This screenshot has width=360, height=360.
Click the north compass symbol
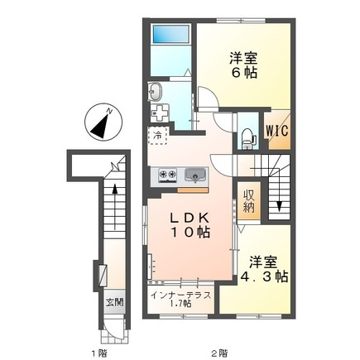pyautogui.click(x=103, y=122)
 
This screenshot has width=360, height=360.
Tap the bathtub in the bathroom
pyautogui.click(x=171, y=34)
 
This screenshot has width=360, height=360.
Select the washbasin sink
pyautogui.click(x=155, y=91)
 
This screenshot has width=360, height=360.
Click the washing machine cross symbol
pyautogui.click(x=160, y=113)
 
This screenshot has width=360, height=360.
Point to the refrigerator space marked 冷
pyautogui.click(x=158, y=136)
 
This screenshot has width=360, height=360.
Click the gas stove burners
pyautogui.click(x=167, y=175)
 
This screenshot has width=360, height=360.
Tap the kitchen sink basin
pyautogui.click(x=195, y=175)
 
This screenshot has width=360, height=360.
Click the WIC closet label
pyautogui.click(x=277, y=130)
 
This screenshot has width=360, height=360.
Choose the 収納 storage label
pyautogui.click(x=249, y=201)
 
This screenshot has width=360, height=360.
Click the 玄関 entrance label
pyautogui.click(x=115, y=303)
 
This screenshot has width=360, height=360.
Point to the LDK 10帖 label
pyautogui.click(x=190, y=225)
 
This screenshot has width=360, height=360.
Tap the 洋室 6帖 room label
pyautogui.click(x=243, y=65)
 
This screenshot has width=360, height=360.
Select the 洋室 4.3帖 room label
pyautogui.click(x=265, y=269)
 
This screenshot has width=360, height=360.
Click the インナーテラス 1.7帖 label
pyautogui.click(x=181, y=299)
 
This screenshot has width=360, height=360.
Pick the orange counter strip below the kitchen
pyautogui.click(x=193, y=190)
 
